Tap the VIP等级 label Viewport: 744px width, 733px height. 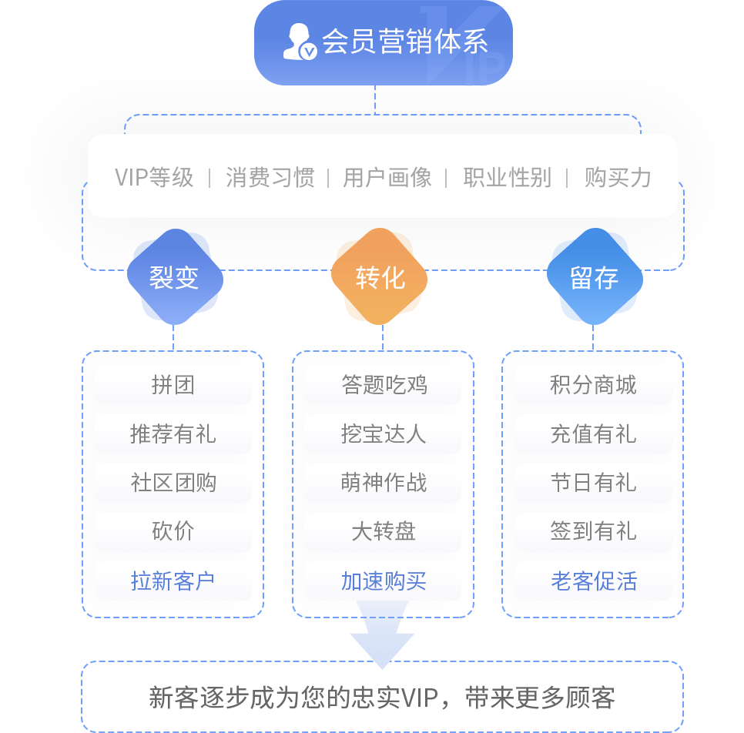click(154, 178)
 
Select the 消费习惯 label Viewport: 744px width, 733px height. click(270, 178)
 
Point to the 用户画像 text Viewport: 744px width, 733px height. click(387, 178)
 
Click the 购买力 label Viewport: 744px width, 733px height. click(618, 178)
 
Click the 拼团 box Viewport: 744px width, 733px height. click(173, 385)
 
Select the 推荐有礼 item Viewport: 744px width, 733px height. click(173, 434)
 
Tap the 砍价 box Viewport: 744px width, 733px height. click(173, 532)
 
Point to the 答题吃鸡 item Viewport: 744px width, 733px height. click(383, 385)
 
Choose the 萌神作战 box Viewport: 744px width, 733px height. click(383, 483)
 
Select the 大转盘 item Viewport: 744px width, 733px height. click(383, 532)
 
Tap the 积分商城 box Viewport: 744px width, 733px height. click(593, 385)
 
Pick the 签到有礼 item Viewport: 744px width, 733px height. click(593, 532)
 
